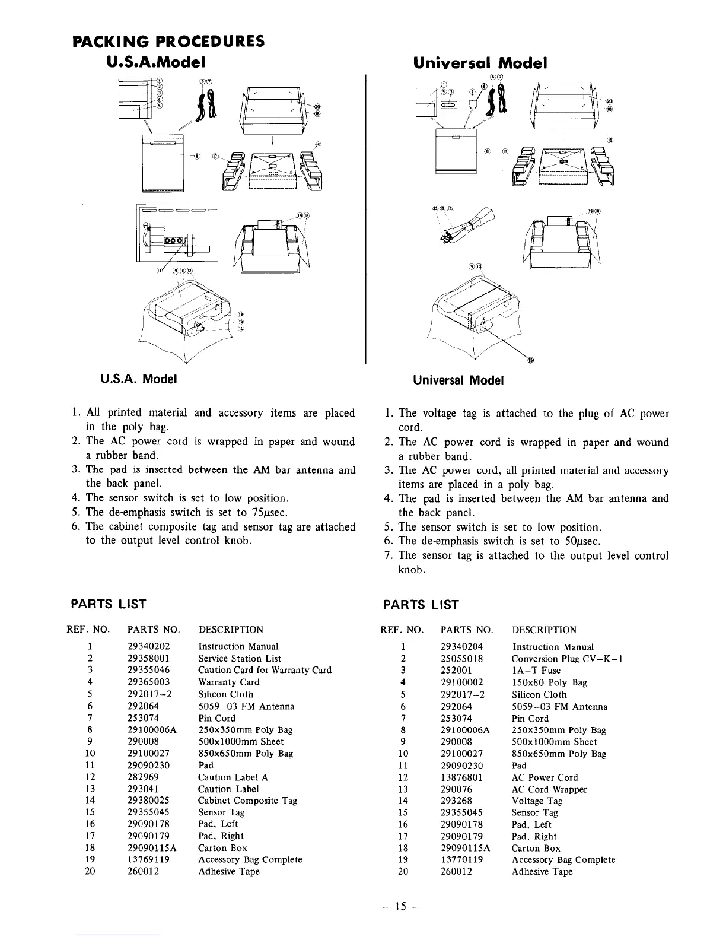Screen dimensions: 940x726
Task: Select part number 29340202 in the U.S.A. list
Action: (149, 646)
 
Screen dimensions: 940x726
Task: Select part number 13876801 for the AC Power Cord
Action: (462, 777)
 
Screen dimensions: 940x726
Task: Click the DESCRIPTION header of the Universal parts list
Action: (544, 630)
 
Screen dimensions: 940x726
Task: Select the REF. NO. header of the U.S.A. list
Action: (88, 629)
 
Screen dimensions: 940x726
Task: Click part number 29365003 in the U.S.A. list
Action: (149, 682)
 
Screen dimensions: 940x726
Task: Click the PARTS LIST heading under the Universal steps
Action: (421, 605)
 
